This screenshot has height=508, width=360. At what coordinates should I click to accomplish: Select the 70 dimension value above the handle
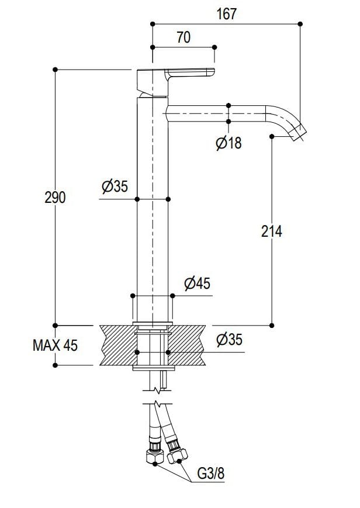pos(183,38)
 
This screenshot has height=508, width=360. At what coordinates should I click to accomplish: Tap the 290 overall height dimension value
pos(55,198)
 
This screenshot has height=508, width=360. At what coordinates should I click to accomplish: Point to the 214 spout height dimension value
pos(271,231)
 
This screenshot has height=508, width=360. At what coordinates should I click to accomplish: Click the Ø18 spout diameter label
pos(229,143)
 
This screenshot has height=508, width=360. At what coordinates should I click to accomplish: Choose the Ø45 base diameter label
pos(197,284)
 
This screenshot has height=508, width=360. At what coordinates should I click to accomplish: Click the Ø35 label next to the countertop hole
pos(229,340)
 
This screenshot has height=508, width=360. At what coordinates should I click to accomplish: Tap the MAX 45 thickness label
pos(55,345)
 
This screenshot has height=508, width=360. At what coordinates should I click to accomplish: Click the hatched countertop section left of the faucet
pos(117,345)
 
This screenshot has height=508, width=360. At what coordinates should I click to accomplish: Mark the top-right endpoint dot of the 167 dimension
pos(300,24)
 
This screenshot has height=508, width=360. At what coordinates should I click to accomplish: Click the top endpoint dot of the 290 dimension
pos(55,70)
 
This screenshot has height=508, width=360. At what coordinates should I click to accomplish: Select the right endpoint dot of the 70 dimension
pos(214,47)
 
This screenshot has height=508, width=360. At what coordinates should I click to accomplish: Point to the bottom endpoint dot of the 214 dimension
pos(272,325)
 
